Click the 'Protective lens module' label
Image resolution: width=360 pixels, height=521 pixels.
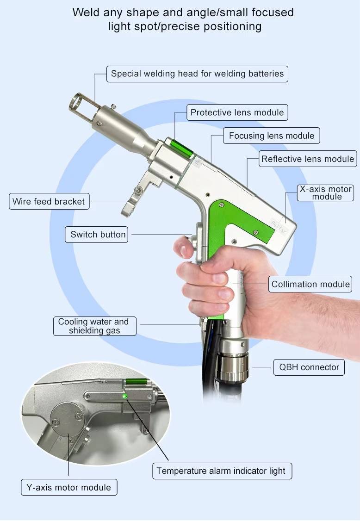click(237, 112)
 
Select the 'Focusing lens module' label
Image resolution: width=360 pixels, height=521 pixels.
click(271, 136)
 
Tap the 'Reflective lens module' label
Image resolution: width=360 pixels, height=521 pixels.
click(307, 159)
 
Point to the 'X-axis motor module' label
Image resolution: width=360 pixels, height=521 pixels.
click(325, 193)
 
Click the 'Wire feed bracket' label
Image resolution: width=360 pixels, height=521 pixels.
click(49, 201)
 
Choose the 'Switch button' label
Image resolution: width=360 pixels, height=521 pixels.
click(96, 235)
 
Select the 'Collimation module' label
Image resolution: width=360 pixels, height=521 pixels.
click(310, 284)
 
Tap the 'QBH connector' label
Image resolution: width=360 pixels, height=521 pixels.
click(309, 367)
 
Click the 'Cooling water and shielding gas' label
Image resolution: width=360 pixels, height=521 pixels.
click(95, 326)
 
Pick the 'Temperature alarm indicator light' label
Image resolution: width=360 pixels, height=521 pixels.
click(222, 471)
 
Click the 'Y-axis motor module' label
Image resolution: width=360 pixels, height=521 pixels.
click(69, 487)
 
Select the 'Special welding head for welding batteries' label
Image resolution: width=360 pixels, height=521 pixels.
click(197, 74)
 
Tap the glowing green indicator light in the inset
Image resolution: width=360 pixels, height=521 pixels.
click(125, 396)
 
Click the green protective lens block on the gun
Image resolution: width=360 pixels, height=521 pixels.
click(181, 149)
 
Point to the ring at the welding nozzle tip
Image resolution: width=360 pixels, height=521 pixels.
click(76, 102)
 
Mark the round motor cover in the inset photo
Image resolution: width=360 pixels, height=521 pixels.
click(67, 418)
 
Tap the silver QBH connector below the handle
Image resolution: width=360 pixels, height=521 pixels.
click(232, 366)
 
